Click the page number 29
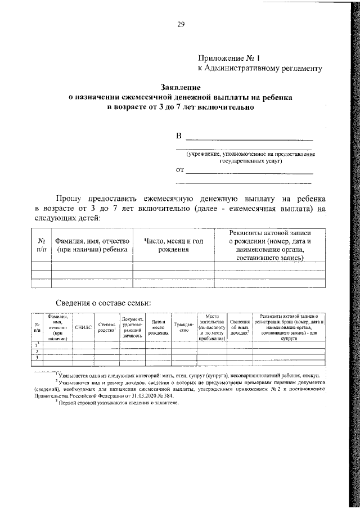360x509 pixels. (x=180, y=24)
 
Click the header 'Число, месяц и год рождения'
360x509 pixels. (x=174, y=245)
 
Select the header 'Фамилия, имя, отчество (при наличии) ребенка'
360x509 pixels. (x=92, y=245)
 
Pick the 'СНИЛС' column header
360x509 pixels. (x=83, y=326)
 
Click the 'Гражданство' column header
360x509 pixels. (x=183, y=327)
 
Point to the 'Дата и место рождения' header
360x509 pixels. (x=159, y=327)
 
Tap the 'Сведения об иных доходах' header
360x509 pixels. (x=240, y=327)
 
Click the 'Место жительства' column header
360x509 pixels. (x=211, y=327)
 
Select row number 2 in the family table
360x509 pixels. (x=37, y=352)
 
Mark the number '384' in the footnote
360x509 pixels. (x=166, y=395)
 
